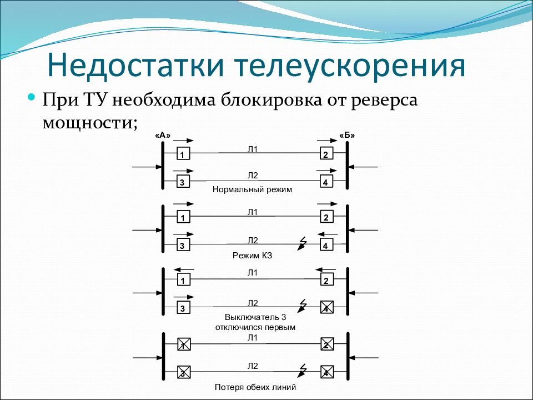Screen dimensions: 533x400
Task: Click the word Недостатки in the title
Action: [x=135, y=66]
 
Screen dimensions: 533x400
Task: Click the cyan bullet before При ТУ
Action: [x=32, y=98]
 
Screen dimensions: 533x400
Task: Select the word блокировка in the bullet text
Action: [x=271, y=101]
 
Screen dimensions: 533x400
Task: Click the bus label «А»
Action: [x=163, y=136]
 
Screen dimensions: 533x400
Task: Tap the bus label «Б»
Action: [x=347, y=136]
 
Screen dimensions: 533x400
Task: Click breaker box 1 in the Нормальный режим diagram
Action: [x=183, y=154]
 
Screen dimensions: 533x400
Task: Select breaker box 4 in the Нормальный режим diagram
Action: [x=326, y=182]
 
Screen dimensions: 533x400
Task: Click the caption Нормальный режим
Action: [x=252, y=189]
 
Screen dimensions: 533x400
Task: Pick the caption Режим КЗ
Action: [x=253, y=256]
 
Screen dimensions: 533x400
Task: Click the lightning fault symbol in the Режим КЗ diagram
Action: [x=301, y=243]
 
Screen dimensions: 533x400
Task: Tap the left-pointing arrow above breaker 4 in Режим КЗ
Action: [x=328, y=234]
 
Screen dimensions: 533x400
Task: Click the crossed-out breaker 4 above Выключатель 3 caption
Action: [x=326, y=307]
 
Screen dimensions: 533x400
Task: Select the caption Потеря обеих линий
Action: [x=255, y=387]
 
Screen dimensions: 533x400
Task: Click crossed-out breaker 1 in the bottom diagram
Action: [x=184, y=344]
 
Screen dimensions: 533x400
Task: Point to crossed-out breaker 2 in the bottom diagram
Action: [x=327, y=344]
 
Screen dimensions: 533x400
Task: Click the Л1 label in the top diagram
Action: [x=253, y=149]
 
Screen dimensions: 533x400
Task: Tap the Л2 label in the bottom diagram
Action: [x=253, y=366]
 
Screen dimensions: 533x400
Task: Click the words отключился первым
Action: [x=255, y=328]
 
